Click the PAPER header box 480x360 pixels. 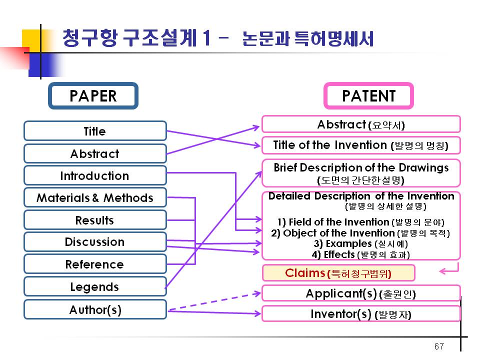pyautogui.click(x=93, y=96)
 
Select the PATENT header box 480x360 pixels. pyautogui.click(x=368, y=96)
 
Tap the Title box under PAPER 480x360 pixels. pyautogui.click(x=95, y=131)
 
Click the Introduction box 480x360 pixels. pyautogui.click(x=95, y=175)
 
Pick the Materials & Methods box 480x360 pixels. pyautogui.click(x=95, y=197)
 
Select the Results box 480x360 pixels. pyautogui.click(x=95, y=220)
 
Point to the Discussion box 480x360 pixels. pyautogui.click(x=95, y=242)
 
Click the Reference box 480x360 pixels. pyautogui.click(x=95, y=264)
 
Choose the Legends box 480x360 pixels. pyautogui.click(x=95, y=286)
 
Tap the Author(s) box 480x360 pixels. pyautogui.click(x=95, y=309)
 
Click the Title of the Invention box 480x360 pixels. pyautogui.click(x=361, y=145)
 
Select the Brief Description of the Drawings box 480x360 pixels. pyautogui.click(x=361, y=173)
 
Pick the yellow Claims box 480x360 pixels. pyautogui.click(x=338, y=273)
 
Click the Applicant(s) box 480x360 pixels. pyautogui.click(x=361, y=293)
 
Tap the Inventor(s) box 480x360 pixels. pyautogui.click(x=361, y=314)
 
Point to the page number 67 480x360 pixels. pyautogui.click(x=439, y=346)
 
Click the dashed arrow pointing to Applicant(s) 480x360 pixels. pyautogui.click(x=214, y=301)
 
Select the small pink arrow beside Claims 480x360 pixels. pyautogui.click(x=449, y=268)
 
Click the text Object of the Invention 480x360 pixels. pyautogui.click(x=339, y=233)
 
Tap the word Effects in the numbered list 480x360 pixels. pyautogui.click(x=339, y=254)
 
